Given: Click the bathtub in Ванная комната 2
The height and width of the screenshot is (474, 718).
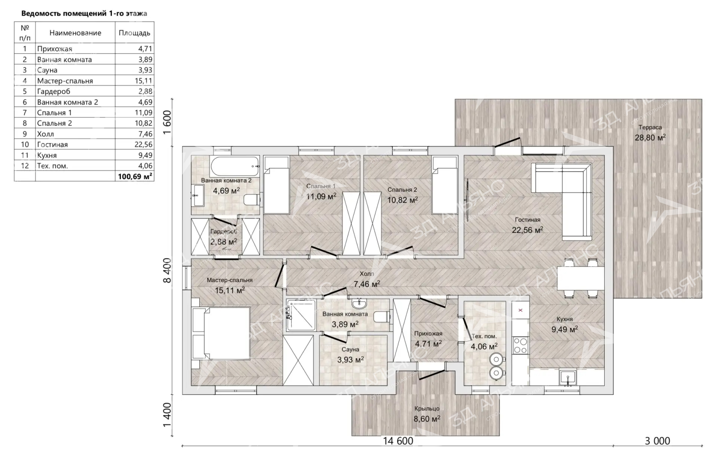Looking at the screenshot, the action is tap(235, 166).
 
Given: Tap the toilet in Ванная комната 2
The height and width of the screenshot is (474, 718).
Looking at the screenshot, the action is tap(252, 200).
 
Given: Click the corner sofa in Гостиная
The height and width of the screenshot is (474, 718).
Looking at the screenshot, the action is tap(562, 202).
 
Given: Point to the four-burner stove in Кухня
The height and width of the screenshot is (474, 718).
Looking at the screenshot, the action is tap(520, 345).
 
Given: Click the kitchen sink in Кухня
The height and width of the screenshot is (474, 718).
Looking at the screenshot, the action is tap(567, 377).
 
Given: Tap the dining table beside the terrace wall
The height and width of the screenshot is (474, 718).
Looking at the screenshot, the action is tap(581, 278).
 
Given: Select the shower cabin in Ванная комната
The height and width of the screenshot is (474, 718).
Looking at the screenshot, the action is tap(301, 315).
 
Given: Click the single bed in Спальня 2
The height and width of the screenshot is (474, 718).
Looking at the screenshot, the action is tap(445, 185).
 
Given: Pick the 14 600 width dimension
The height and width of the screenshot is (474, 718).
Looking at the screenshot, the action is tap(398, 441).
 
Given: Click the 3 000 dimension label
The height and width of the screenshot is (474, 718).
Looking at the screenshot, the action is tap(658, 441).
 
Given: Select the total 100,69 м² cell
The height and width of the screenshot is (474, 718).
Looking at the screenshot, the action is tap(135, 176).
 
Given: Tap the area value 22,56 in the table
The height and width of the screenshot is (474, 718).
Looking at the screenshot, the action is tap(143, 144).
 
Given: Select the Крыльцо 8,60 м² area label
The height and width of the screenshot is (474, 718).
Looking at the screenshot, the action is tap(427, 414).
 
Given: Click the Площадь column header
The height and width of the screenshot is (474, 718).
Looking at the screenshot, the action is tap(134, 33).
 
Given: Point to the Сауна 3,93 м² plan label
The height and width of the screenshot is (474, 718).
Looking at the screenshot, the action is tap(350, 355).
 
